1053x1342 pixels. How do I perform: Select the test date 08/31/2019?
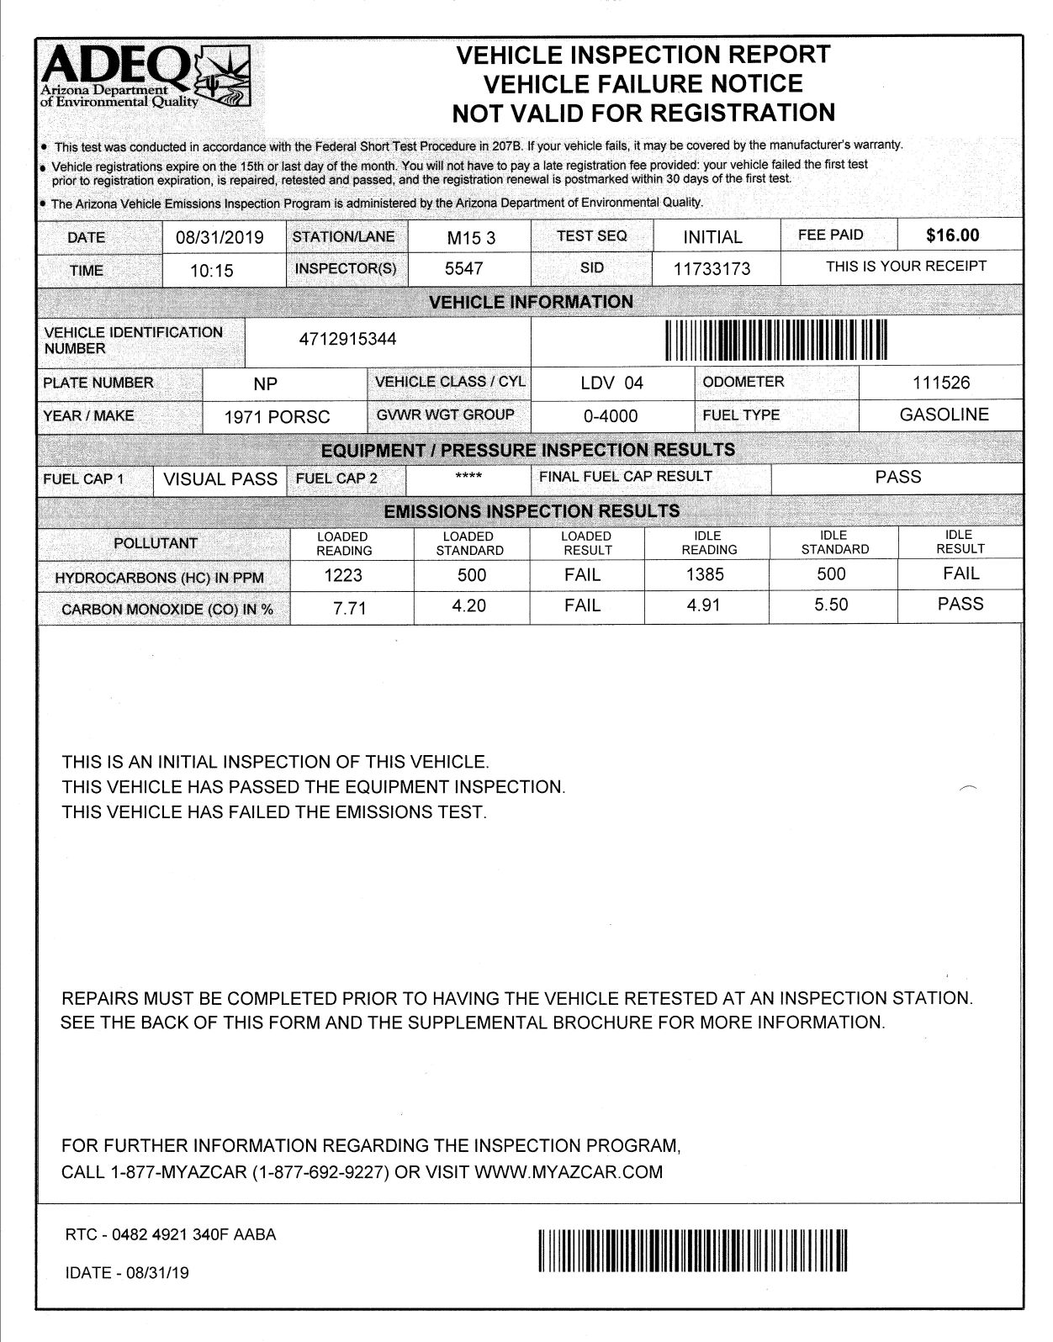[220, 237]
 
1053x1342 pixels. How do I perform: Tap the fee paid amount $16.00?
[952, 235]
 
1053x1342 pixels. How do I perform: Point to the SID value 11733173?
[712, 269]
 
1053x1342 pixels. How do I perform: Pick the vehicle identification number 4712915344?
[348, 339]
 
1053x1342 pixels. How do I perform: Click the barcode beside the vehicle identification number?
[776, 341]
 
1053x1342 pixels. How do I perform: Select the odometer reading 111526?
[941, 383]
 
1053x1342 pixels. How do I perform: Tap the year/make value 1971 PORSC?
[277, 416]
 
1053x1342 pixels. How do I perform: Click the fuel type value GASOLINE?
[944, 415]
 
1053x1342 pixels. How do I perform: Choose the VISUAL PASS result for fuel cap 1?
[220, 479]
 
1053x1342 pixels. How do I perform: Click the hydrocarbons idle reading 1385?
[705, 574]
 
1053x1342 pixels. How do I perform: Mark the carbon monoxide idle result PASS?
[960, 604]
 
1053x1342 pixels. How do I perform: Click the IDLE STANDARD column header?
[834, 542]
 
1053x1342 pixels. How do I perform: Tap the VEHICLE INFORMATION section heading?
[531, 302]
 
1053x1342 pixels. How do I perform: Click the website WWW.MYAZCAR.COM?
[569, 1171]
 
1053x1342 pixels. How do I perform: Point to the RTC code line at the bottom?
[171, 1235]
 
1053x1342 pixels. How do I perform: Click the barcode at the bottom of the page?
[692, 1250]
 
